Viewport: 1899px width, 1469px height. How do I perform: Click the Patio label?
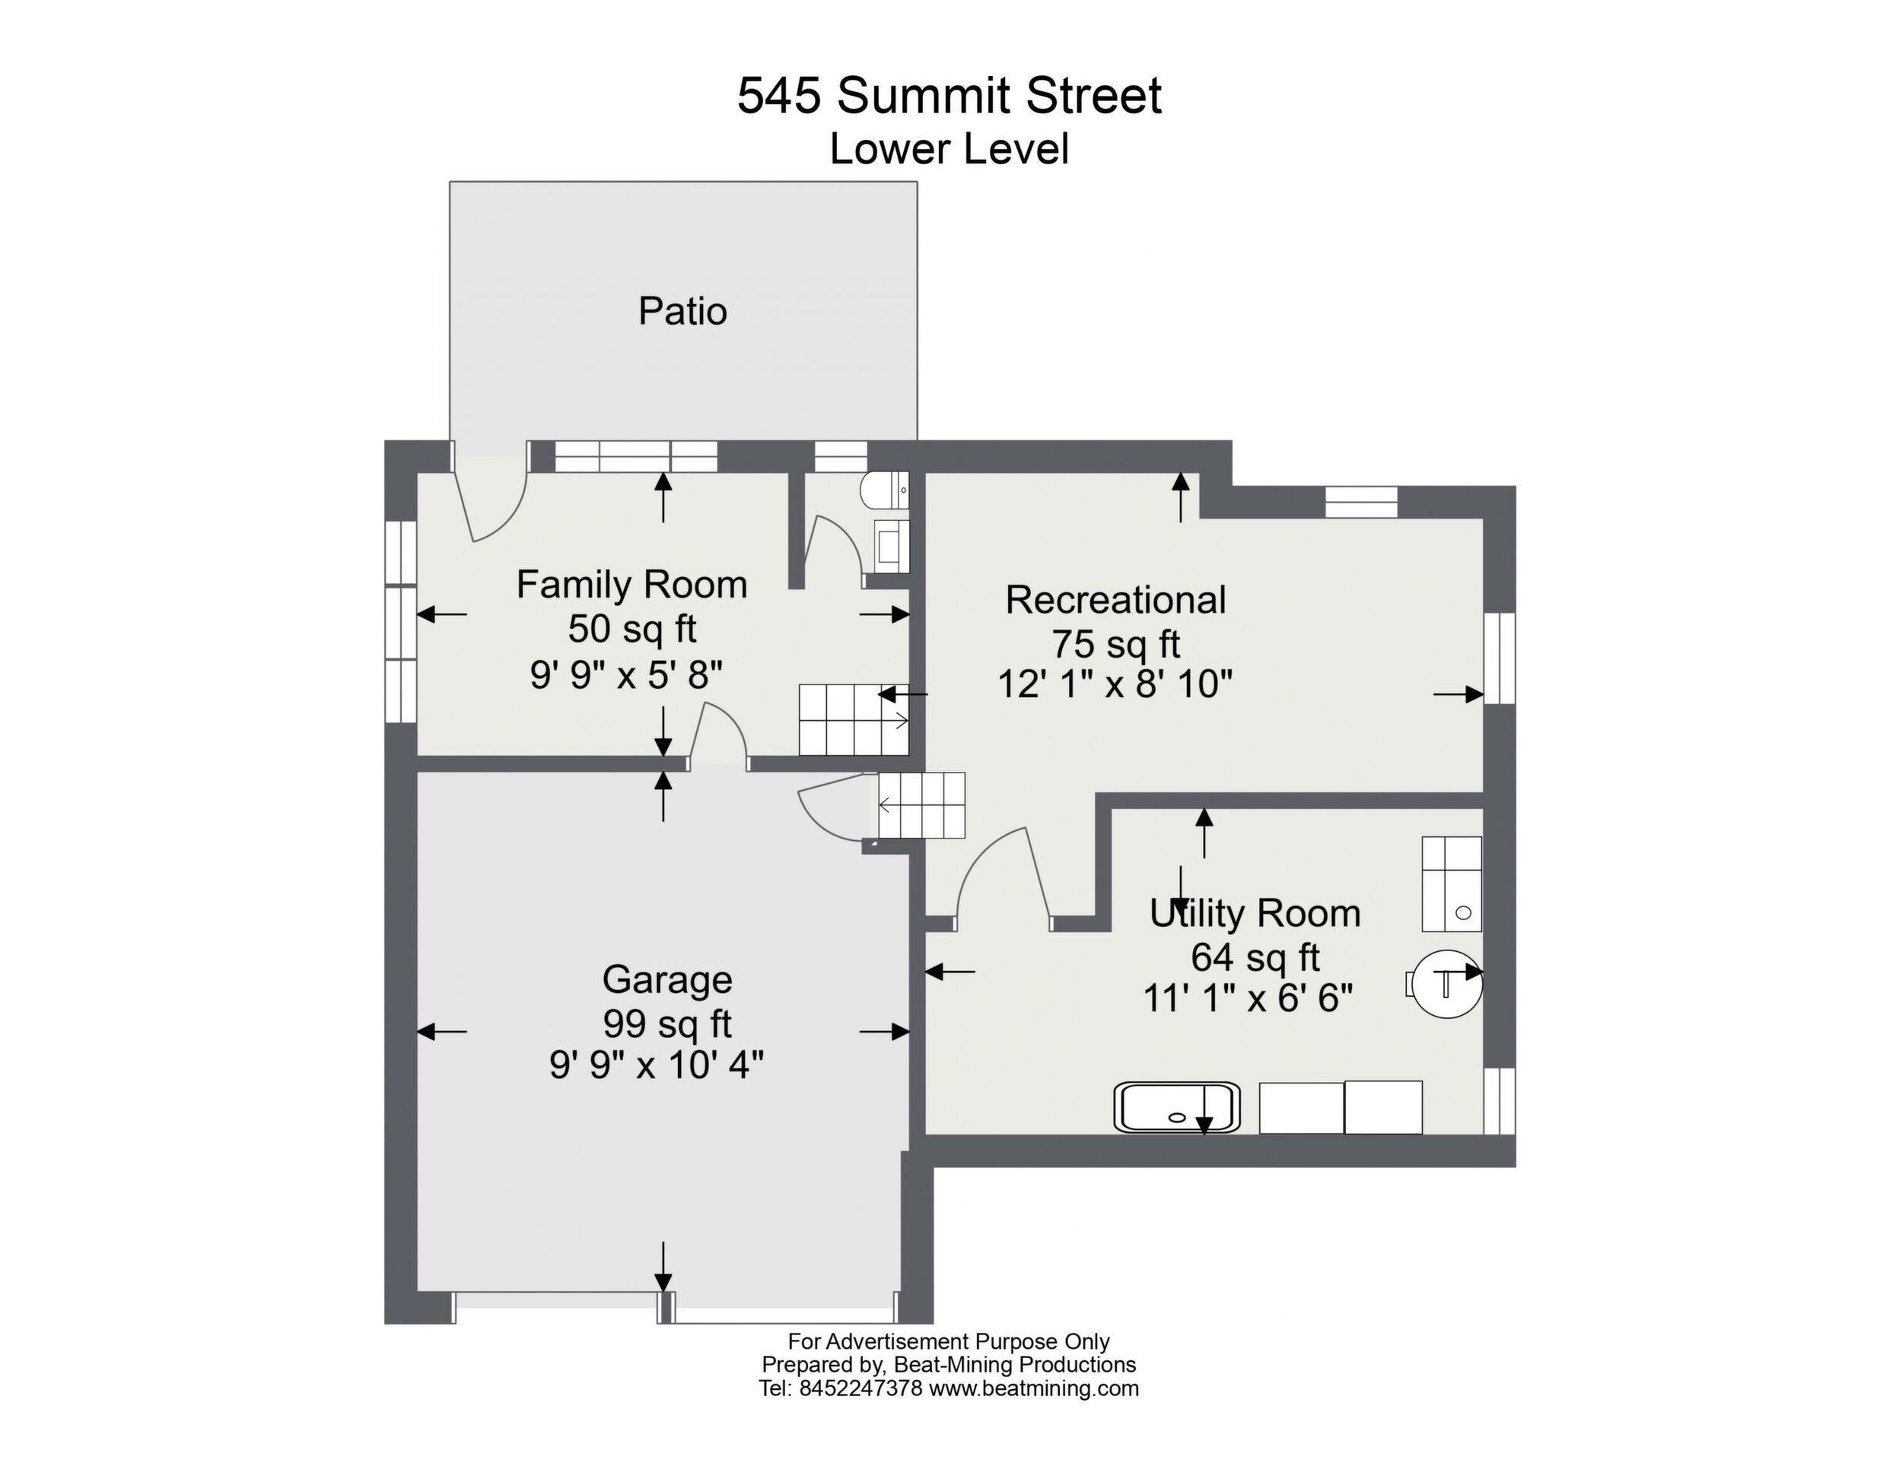pyautogui.click(x=682, y=311)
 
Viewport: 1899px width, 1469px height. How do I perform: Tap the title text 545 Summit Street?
pyautogui.click(x=949, y=96)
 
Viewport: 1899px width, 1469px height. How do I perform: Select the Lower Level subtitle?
pyautogui.click(x=949, y=148)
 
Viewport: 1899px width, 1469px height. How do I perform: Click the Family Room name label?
pyautogui.click(x=632, y=584)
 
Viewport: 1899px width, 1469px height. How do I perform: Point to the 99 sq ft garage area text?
pyautogui.click(x=667, y=1024)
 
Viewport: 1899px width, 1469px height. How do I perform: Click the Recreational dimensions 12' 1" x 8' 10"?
pyautogui.click(x=1115, y=685)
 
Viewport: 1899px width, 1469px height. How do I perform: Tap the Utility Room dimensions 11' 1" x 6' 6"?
pyautogui.click(x=1249, y=999)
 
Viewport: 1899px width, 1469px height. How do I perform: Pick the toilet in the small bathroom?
pyautogui.click(x=884, y=491)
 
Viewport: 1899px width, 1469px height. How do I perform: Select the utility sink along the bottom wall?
pyautogui.click(x=1177, y=1107)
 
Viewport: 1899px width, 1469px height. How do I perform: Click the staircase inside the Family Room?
pyautogui.click(x=854, y=720)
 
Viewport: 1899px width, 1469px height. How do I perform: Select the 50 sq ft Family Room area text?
pyautogui.click(x=632, y=629)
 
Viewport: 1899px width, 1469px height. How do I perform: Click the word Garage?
pyautogui.click(x=667, y=979)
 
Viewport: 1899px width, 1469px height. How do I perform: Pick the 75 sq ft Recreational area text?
pyautogui.click(x=1115, y=644)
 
